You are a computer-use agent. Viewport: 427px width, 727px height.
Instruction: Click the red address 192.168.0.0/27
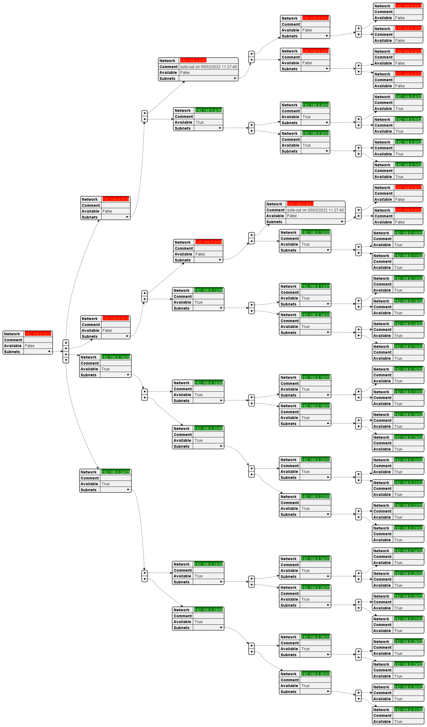(38, 334)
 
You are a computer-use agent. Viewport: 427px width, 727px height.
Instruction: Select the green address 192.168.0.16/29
(115, 357)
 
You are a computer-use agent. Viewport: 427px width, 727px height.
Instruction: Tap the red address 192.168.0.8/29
(115, 318)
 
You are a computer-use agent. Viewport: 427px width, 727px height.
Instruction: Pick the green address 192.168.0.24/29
(115, 472)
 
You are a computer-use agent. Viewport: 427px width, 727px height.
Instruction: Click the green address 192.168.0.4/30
(208, 110)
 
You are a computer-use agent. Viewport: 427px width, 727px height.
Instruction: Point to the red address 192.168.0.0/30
(193, 61)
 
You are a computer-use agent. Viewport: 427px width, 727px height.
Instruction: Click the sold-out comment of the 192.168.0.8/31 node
(315, 210)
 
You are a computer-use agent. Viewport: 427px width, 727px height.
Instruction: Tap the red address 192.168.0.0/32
(408, 6)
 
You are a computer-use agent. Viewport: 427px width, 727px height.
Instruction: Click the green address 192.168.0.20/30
(208, 428)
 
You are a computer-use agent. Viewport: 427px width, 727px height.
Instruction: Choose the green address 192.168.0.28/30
(208, 610)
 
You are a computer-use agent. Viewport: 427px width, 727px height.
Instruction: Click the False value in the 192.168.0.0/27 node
(30, 346)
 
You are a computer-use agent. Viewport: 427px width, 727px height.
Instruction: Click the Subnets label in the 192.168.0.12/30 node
(181, 308)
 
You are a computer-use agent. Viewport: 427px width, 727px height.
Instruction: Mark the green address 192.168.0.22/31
(315, 496)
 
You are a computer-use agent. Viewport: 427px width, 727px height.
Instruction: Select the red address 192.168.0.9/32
(408, 210)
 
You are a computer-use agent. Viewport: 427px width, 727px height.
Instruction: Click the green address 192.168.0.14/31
(315, 315)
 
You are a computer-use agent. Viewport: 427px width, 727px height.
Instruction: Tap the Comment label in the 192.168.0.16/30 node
(183, 389)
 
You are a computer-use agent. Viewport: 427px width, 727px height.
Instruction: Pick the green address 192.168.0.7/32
(408, 165)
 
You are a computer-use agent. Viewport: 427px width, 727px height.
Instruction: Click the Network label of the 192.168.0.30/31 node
(288, 674)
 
